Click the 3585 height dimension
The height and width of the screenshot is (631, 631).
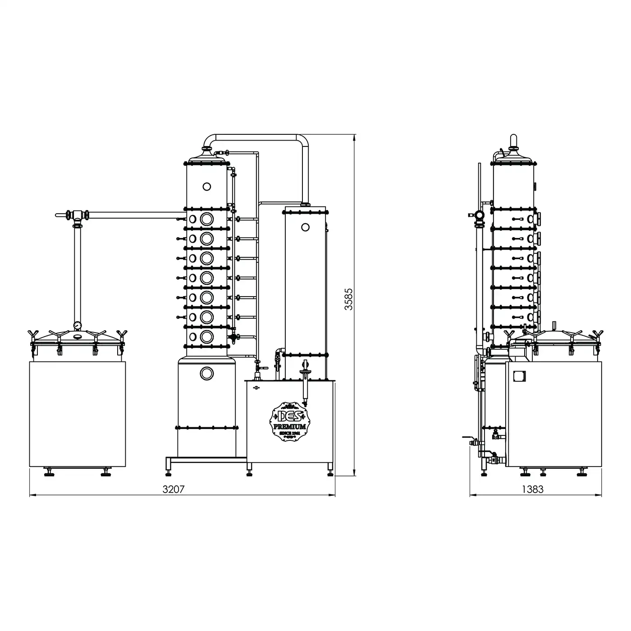pyautogui.click(x=348, y=299)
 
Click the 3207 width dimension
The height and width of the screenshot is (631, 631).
pyautogui.click(x=173, y=489)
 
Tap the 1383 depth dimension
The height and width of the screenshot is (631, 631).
pyautogui.click(x=532, y=489)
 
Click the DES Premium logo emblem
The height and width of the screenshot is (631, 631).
pyautogui.click(x=289, y=421)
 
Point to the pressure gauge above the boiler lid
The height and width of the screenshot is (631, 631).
pyautogui.click(x=78, y=325)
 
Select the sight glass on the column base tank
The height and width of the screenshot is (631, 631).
pyautogui.click(x=206, y=374)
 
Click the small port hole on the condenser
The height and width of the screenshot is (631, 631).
pyautogui.click(x=305, y=227)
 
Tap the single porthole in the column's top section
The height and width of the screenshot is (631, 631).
pyautogui.click(x=206, y=187)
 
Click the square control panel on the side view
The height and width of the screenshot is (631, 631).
pyautogui.click(x=519, y=376)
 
